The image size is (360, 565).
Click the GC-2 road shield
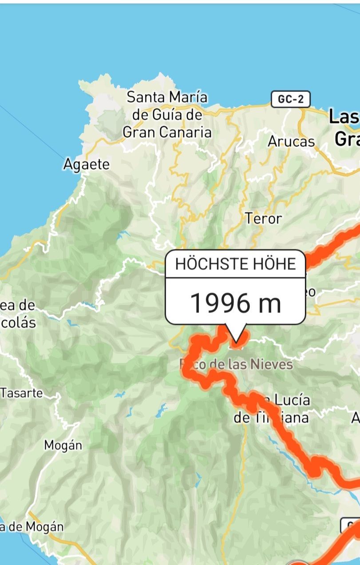click(x=291, y=99)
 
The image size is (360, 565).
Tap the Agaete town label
click(x=86, y=165)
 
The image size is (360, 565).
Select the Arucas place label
click(x=291, y=142)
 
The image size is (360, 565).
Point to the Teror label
click(x=263, y=219)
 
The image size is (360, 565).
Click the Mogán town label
click(x=63, y=445)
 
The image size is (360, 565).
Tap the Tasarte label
click(x=22, y=393)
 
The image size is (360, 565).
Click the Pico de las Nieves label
click(x=236, y=365)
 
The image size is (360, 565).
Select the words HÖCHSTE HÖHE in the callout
click(x=235, y=264)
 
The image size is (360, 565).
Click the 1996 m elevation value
click(x=235, y=303)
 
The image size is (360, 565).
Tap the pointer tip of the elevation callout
click(x=236, y=342)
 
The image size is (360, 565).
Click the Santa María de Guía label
click(x=167, y=115)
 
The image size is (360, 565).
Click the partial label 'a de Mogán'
click(x=32, y=527)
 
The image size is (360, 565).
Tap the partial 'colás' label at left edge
click(x=18, y=322)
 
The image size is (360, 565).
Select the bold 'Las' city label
click(x=344, y=117)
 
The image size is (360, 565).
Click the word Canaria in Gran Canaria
click(x=186, y=132)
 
